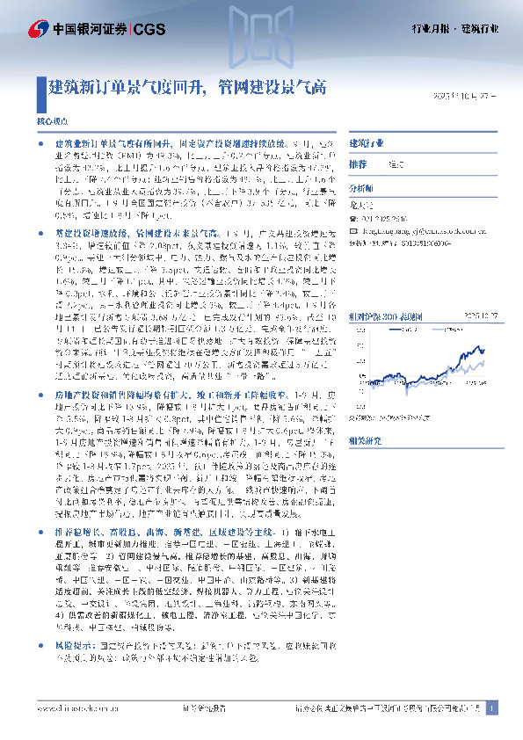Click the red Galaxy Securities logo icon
(x=39, y=29)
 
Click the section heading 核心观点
(x=50, y=118)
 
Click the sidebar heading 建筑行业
(x=367, y=142)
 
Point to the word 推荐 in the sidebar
(x=358, y=164)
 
